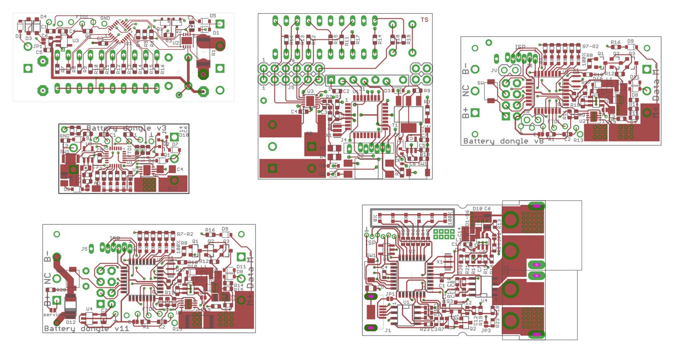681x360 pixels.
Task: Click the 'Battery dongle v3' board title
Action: [x=126, y=128]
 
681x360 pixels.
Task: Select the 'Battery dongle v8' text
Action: [x=503, y=141]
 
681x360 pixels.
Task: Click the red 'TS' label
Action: [x=425, y=20]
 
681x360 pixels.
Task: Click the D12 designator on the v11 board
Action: [x=71, y=322]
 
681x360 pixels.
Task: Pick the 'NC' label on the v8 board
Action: [x=466, y=90]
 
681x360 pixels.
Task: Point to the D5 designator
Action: [x=212, y=16]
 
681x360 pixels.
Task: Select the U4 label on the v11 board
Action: [x=89, y=308]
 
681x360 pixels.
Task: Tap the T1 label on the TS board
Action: [x=395, y=125]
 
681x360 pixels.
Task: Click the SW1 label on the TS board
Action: [x=422, y=163]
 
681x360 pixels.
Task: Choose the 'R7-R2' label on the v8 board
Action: [x=590, y=46]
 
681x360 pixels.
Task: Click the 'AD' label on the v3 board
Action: [x=97, y=183]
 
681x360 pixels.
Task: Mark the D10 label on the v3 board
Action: [x=184, y=134]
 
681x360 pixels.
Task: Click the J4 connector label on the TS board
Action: [x=343, y=140]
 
